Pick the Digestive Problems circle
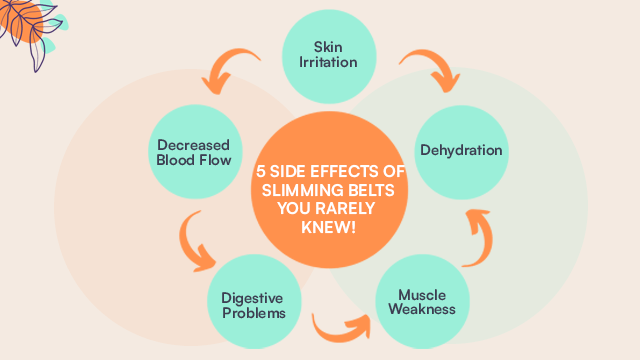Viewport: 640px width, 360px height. click(253, 303)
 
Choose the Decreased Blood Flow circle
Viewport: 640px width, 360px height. click(194, 150)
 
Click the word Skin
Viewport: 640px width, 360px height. click(327, 46)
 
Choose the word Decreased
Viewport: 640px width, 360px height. click(194, 142)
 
